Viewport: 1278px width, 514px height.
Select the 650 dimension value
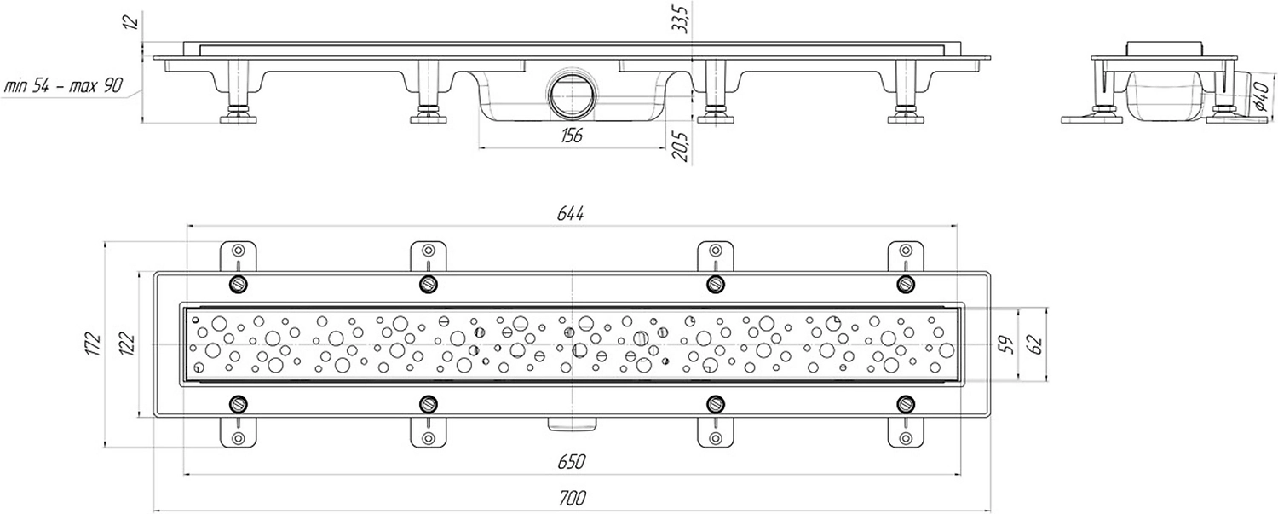(571, 461)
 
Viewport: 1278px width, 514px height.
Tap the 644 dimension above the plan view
(571, 215)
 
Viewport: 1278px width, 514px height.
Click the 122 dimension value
(128, 344)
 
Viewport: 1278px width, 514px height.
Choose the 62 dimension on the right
(1035, 344)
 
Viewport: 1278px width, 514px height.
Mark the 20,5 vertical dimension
(678, 139)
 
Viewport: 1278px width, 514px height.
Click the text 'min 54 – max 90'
(63, 86)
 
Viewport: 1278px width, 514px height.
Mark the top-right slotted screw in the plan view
(906, 283)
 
